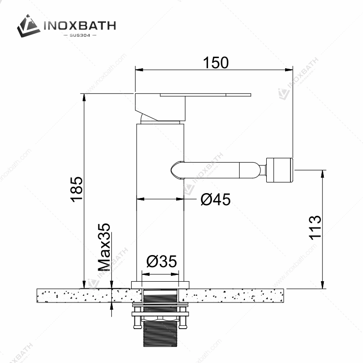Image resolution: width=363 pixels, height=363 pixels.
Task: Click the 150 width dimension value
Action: pos(216,62)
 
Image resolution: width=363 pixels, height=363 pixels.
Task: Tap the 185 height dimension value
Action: pos(76,190)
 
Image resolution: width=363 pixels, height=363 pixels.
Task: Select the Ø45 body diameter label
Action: pos(215,199)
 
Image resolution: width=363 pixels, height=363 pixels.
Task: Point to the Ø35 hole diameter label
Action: pos(162,261)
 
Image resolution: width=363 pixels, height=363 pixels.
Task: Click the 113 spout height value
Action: pos(315,227)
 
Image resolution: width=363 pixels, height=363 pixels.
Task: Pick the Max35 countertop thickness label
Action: pos(104,247)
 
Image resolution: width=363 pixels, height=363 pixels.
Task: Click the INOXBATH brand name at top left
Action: pos(80,26)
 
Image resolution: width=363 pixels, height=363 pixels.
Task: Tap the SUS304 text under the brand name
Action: pos(80,35)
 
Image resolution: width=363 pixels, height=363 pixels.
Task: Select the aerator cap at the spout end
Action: pos(280,170)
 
